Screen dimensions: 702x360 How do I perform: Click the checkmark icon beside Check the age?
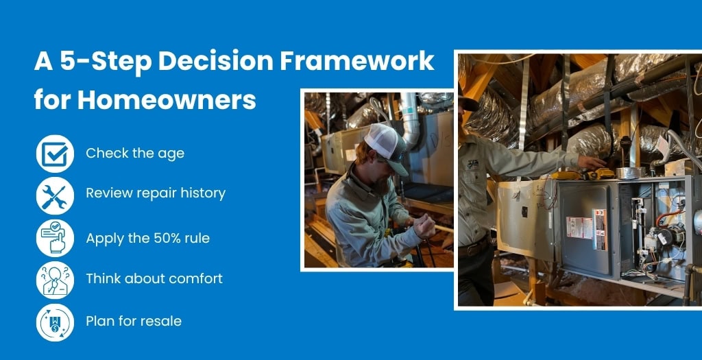[x=55, y=154]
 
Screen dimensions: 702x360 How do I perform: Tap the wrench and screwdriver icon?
[x=55, y=195]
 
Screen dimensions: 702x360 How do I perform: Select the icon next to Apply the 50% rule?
[x=55, y=238]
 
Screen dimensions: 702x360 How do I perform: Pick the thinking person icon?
[x=55, y=280]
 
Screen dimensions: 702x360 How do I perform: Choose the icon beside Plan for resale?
[x=55, y=322]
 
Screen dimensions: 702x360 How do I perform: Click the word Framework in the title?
[x=357, y=61]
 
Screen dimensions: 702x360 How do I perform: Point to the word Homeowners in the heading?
[x=167, y=99]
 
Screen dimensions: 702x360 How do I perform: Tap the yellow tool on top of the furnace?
[x=582, y=173]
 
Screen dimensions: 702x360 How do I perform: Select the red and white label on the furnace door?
[x=579, y=228]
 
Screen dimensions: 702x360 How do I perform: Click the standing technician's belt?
[x=473, y=247]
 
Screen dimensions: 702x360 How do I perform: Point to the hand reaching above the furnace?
[x=592, y=162]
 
